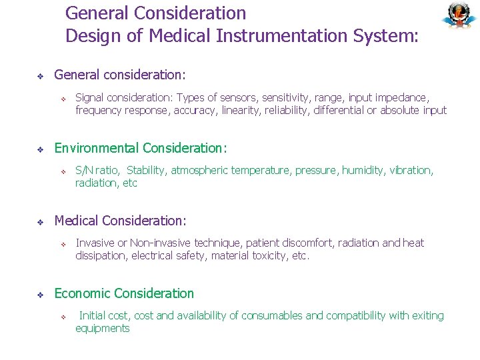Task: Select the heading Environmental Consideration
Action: (x=141, y=148)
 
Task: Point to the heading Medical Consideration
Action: (x=120, y=221)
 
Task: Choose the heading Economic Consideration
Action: (x=124, y=293)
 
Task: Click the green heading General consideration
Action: (x=120, y=75)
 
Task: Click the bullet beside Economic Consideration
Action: (x=40, y=294)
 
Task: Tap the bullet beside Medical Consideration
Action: (x=40, y=221)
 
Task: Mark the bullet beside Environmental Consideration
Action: (x=40, y=149)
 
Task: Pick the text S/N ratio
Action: (x=98, y=171)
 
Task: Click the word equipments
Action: (x=103, y=328)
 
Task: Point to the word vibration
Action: (x=414, y=171)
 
